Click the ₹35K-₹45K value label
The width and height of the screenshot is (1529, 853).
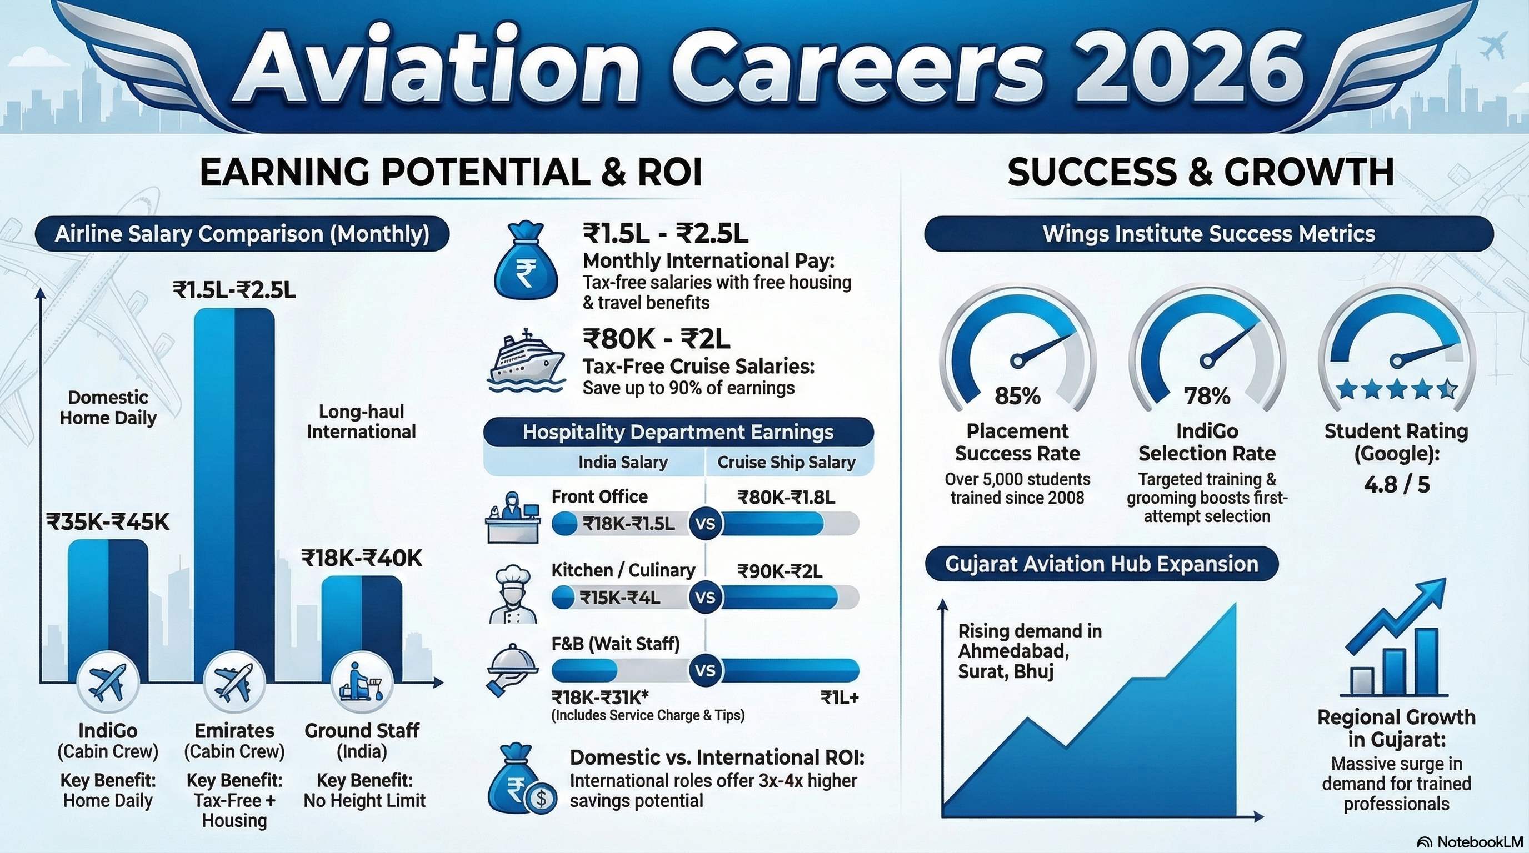point(107,522)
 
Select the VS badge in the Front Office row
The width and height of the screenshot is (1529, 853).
point(705,524)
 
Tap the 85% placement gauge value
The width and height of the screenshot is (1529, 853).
point(1017,395)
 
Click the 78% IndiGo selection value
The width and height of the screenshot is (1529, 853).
point(1207,395)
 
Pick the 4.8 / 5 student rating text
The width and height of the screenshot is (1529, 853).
point(1396,485)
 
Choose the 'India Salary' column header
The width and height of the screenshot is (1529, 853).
point(623,462)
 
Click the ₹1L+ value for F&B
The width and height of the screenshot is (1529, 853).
point(840,697)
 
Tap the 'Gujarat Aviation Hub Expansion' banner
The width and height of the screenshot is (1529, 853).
point(1101,564)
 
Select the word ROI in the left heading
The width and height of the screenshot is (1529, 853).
point(669,173)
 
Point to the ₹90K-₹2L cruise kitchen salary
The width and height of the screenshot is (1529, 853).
point(780,571)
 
